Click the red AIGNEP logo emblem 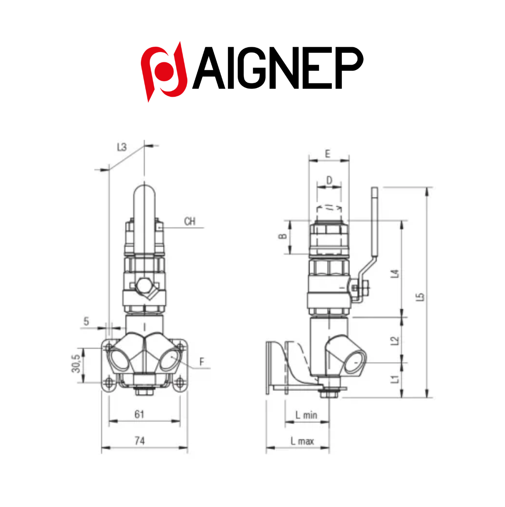click(164, 72)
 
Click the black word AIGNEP click(278, 68)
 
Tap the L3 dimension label click(122, 147)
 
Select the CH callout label click(190, 221)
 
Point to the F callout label click(202, 362)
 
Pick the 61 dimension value click(139, 414)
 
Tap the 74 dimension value click(140, 441)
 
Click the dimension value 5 click(86, 321)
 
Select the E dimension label click(327, 154)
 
